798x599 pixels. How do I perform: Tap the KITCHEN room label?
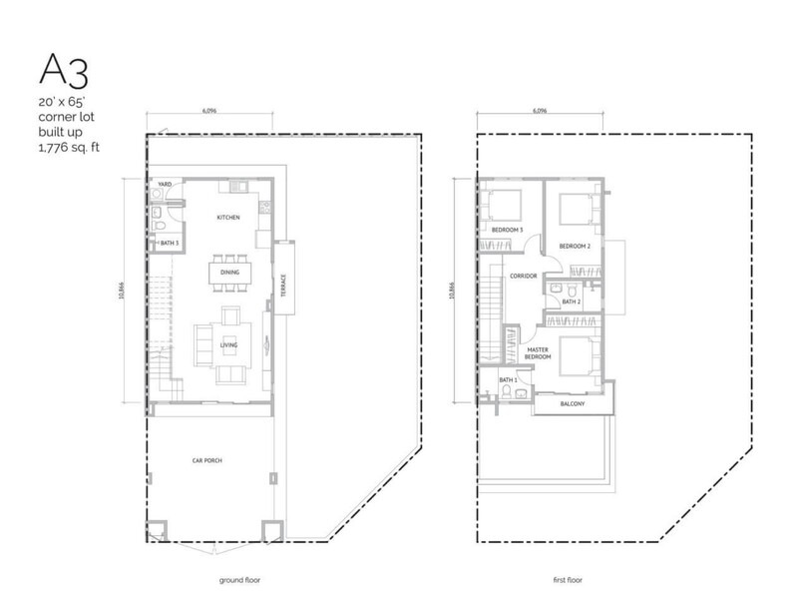[x=228, y=217]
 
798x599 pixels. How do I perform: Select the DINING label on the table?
[x=228, y=271]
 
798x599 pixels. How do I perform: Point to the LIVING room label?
[x=228, y=346]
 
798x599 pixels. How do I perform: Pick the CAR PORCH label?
[x=207, y=461]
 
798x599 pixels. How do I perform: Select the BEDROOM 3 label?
[x=509, y=231]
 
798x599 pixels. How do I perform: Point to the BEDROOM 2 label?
[x=576, y=246]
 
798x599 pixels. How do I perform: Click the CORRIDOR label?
[x=524, y=276]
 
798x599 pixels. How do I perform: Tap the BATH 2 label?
[x=571, y=300]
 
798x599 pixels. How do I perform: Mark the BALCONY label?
[x=571, y=403]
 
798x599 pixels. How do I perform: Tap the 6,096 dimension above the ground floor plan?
[x=208, y=113]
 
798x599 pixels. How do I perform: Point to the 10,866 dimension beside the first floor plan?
[x=452, y=289]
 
